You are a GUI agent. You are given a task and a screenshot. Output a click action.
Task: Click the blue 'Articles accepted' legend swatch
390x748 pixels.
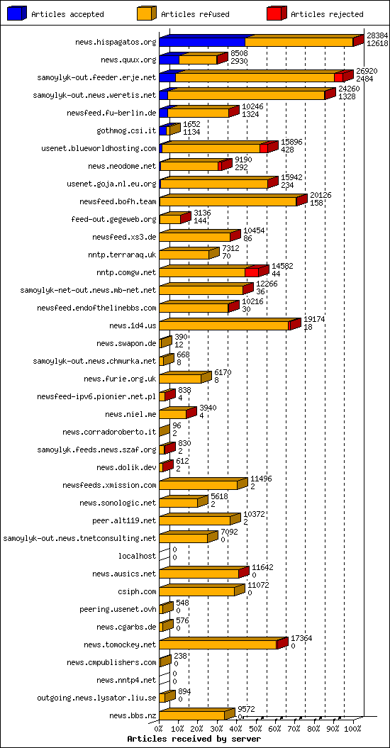tap(18, 13)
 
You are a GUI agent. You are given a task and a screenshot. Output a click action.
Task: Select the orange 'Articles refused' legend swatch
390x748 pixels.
tap(147, 13)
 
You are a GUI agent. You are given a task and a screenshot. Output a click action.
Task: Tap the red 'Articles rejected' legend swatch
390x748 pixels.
tap(277, 13)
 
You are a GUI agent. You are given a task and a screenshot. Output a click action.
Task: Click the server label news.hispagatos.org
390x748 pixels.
tap(116, 42)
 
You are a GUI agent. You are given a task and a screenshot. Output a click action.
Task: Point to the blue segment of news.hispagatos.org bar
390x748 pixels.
tap(202, 42)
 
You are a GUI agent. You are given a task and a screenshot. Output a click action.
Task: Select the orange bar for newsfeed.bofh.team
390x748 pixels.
tap(228, 201)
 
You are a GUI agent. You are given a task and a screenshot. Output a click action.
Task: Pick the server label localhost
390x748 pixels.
tap(137, 556)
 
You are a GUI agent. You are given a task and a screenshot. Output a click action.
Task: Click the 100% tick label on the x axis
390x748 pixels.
tap(352, 728)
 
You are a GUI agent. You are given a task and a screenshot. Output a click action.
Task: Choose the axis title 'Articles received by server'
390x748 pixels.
tap(189, 739)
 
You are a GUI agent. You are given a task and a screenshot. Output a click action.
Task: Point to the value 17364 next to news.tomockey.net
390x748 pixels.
tap(301, 638)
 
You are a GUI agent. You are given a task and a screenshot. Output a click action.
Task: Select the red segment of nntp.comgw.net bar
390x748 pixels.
tap(251, 272)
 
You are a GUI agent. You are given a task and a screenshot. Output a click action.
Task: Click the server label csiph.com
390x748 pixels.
tap(138, 591)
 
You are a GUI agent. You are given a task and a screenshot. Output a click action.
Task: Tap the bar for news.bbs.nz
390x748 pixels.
tap(192, 715)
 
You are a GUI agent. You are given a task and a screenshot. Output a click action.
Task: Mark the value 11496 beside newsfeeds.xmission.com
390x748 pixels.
tap(261, 479)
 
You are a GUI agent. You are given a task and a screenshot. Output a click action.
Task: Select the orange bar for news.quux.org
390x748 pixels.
tap(198, 60)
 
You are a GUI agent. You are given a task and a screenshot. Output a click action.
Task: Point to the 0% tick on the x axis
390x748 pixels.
tap(160, 728)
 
